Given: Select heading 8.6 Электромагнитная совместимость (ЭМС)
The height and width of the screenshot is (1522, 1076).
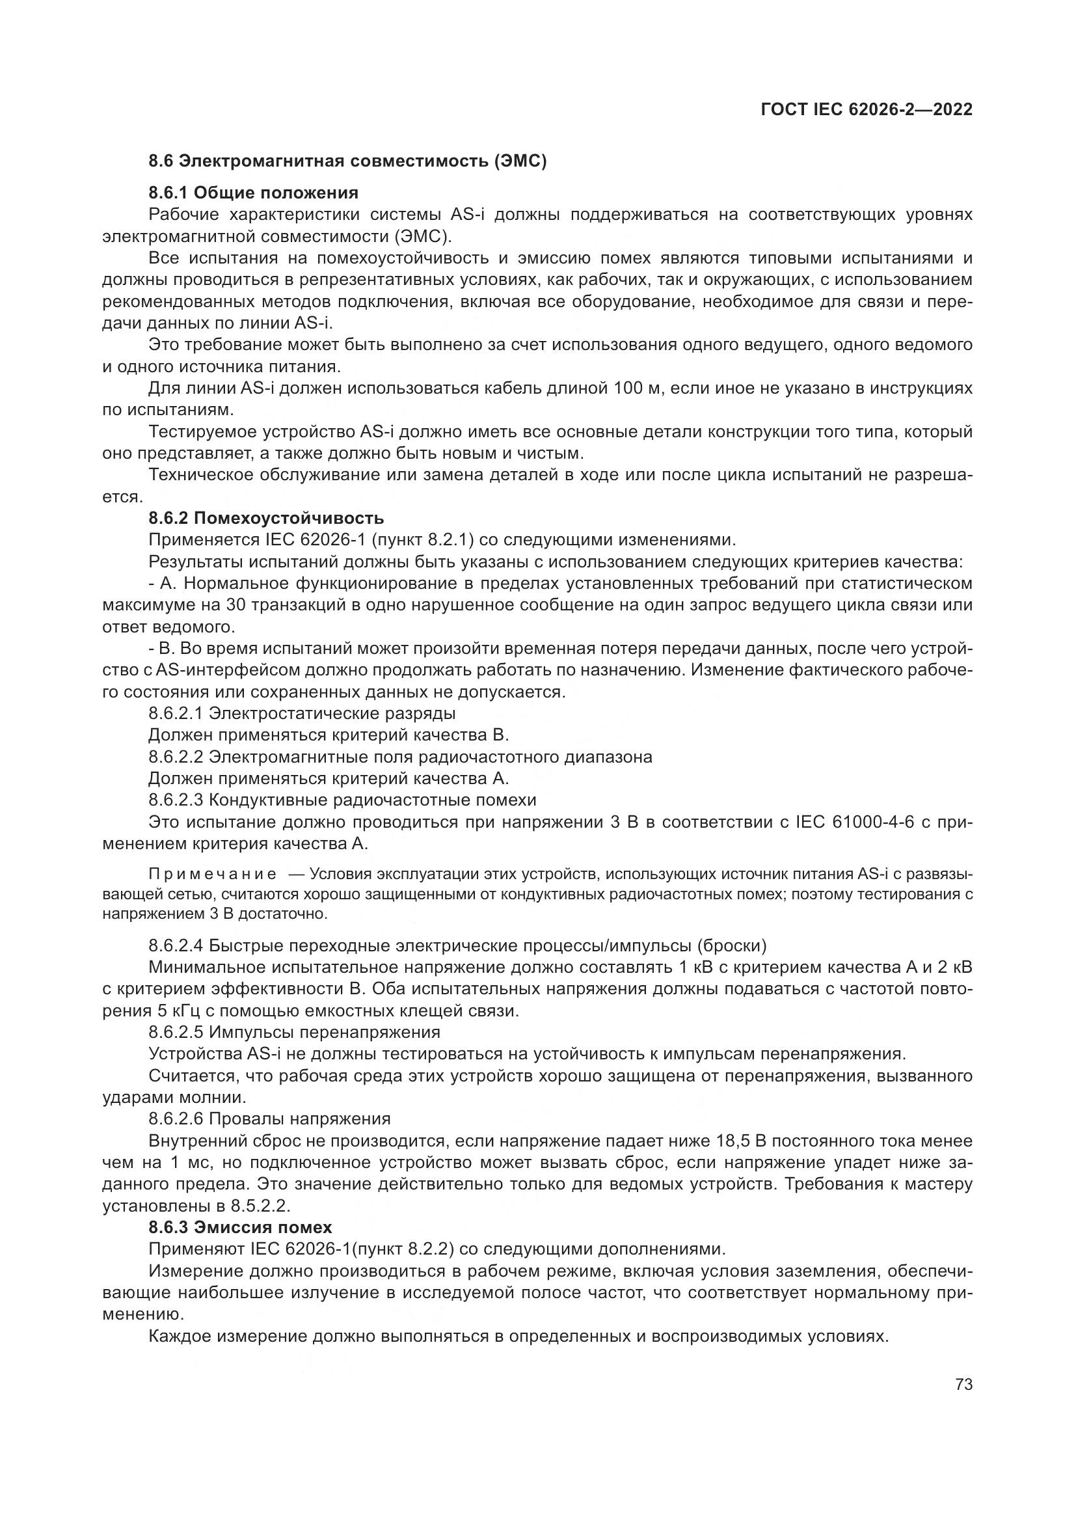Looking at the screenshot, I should point(347,161).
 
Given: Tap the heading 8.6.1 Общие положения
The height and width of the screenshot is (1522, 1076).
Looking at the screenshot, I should point(253,193).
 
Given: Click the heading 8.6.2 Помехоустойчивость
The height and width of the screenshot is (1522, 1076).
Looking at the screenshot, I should point(265,518).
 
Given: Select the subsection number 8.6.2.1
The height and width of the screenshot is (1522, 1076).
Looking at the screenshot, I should point(176,713).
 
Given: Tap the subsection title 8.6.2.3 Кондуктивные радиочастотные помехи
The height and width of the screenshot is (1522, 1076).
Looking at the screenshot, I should point(342,800).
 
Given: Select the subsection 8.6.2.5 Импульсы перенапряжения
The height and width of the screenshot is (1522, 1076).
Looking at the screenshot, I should point(294,1032).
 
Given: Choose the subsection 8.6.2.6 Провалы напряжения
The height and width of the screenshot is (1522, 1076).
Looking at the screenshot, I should point(269,1119).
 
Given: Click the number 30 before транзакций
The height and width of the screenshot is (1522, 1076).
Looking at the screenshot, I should point(235,605).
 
